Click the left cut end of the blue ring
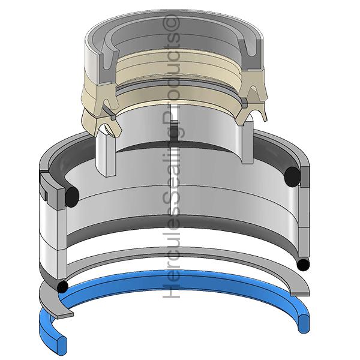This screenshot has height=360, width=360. [62, 344]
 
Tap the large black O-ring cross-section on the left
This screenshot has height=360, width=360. [72, 197]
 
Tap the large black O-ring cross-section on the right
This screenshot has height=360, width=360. [292, 176]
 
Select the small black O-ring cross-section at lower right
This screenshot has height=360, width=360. [303, 265]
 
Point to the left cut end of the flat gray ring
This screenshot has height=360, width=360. [65, 315]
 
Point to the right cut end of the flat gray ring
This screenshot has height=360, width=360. [300, 294]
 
